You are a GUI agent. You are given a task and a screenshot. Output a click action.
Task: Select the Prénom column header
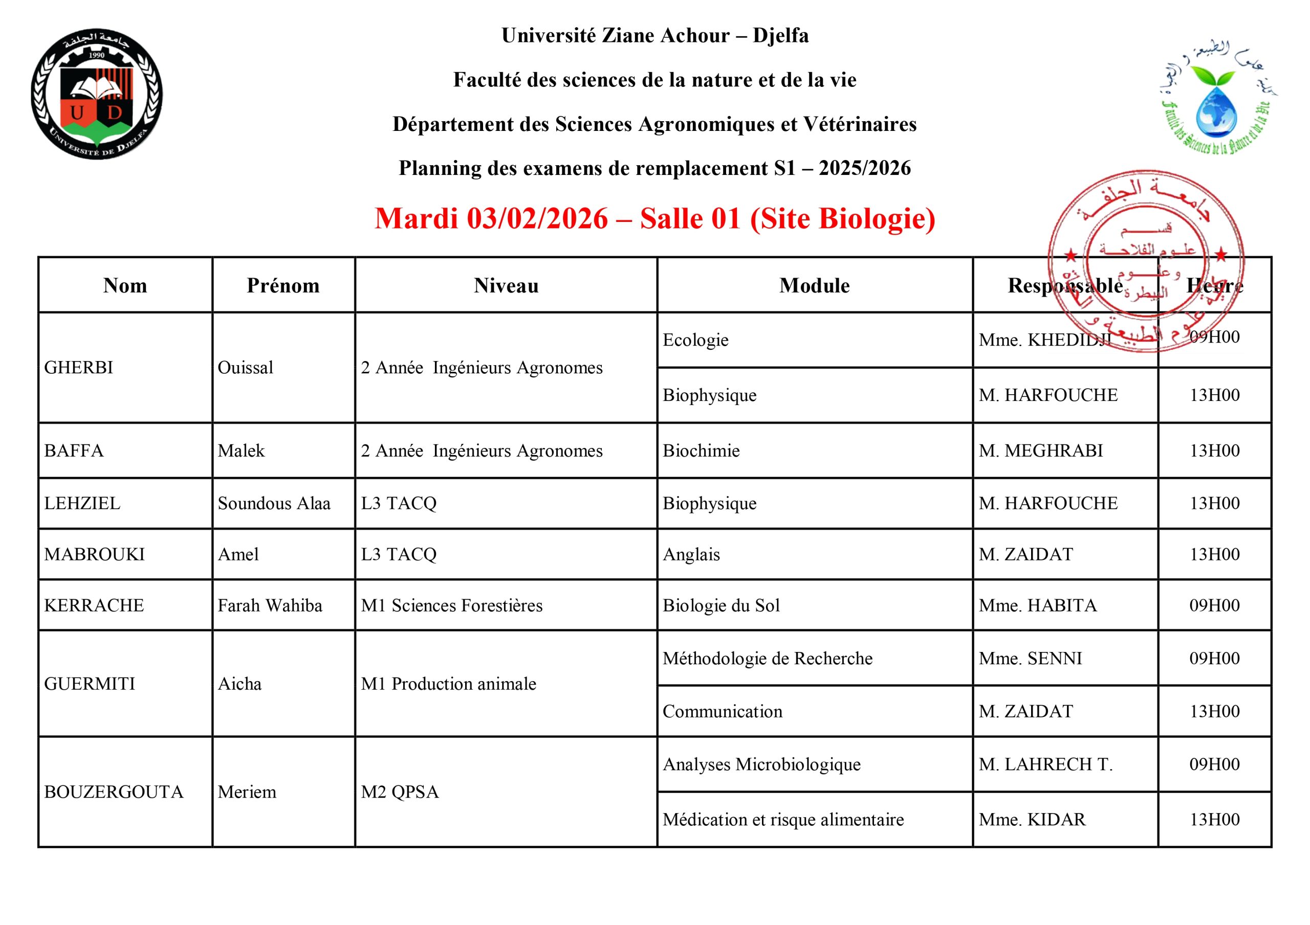pyautogui.click(x=283, y=286)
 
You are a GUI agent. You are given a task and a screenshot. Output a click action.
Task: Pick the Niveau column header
pyautogui.click(x=506, y=286)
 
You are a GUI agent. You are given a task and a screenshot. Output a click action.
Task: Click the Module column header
pyautogui.click(x=814, y=286)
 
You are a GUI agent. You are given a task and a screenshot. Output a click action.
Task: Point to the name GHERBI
pyautogui.click(x=79, y=368)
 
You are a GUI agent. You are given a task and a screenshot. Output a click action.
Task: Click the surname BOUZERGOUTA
pyautogui.click(x=114, y=792)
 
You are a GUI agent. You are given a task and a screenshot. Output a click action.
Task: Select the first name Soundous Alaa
pyautogui.click(x=274, y=504)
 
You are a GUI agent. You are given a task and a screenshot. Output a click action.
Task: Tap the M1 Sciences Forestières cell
pyautogui.click(x=451, y=605)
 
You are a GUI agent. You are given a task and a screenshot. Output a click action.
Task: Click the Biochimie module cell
pyautogui.click(x=701, y=451)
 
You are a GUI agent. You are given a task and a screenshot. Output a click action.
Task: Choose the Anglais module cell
pyautogui.click(x=691, y=554)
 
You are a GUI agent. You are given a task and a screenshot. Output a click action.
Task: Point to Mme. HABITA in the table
pyautogui.click(x=1037, y=605)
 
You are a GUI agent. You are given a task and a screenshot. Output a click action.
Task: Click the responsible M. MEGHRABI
pyautogui.click(x=1041, y=451)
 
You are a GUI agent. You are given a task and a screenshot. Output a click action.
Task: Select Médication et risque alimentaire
pyautogui.click(x=783, y=820)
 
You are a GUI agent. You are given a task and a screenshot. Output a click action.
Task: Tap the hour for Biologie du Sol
pyautogui.click(x=1214, y=605)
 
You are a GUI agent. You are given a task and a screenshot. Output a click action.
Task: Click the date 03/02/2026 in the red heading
pyautogui.click(x=537, y=219)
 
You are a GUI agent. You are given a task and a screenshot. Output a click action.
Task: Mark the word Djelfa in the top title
pyautogui.click(x=780, y=36)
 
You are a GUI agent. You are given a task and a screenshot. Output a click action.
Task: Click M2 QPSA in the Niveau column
pyautogui.click(x=399, y=792)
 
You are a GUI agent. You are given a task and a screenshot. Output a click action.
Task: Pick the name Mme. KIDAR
pyautogui.click(x=1032, y=820)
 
